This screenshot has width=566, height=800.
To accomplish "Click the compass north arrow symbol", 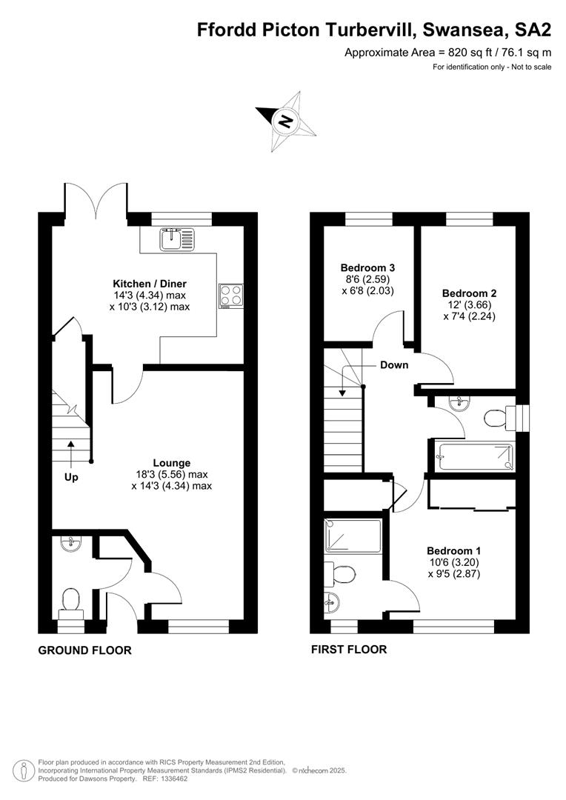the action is pyautogui.click(x=286, y=121).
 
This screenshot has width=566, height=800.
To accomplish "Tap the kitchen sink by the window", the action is pyautogui.click(x=178, y=239).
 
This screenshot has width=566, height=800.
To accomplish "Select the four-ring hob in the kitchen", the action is pyautogui.click(x=230, y=296).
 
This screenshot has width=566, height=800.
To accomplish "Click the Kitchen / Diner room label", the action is pyautogui.click(x=150, y=284).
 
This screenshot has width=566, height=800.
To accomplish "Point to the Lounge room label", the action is pyautogui.click(x=171, y=463).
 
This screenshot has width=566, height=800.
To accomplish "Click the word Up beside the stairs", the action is pyautogui.click(x=71, y=478).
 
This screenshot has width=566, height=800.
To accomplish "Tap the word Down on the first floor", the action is pyautogui.click(x=394, y=364).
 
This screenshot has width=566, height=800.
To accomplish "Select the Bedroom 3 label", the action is pyautogui.click(x=367, y=267).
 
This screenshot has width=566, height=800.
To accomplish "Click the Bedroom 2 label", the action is pyautogui.click(x=469, y=293).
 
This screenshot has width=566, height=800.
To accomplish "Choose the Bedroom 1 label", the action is pyautogui.click(x=453, y=551).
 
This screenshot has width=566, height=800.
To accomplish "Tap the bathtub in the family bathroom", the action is pyautogui.click(x=476, y=456).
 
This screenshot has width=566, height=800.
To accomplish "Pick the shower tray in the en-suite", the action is pyautogui.click(x=353, y=536).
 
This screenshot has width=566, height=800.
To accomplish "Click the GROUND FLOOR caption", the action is pyautogui.click(x=84, y=650).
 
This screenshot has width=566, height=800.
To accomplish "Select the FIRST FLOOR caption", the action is pyautogui.click(x=349, y=649).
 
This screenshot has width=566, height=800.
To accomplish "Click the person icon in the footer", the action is pyautogui.click(x=24, y=770).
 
